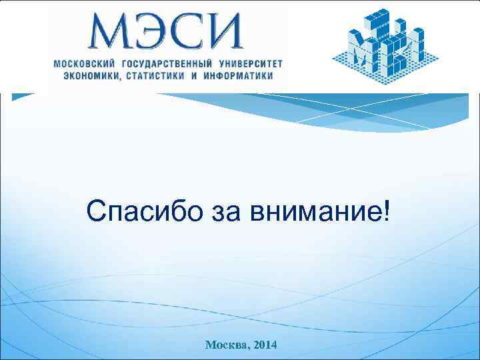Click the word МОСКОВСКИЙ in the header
point(83,63)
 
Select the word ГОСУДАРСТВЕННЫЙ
point(165,63)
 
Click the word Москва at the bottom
point(226,345)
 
